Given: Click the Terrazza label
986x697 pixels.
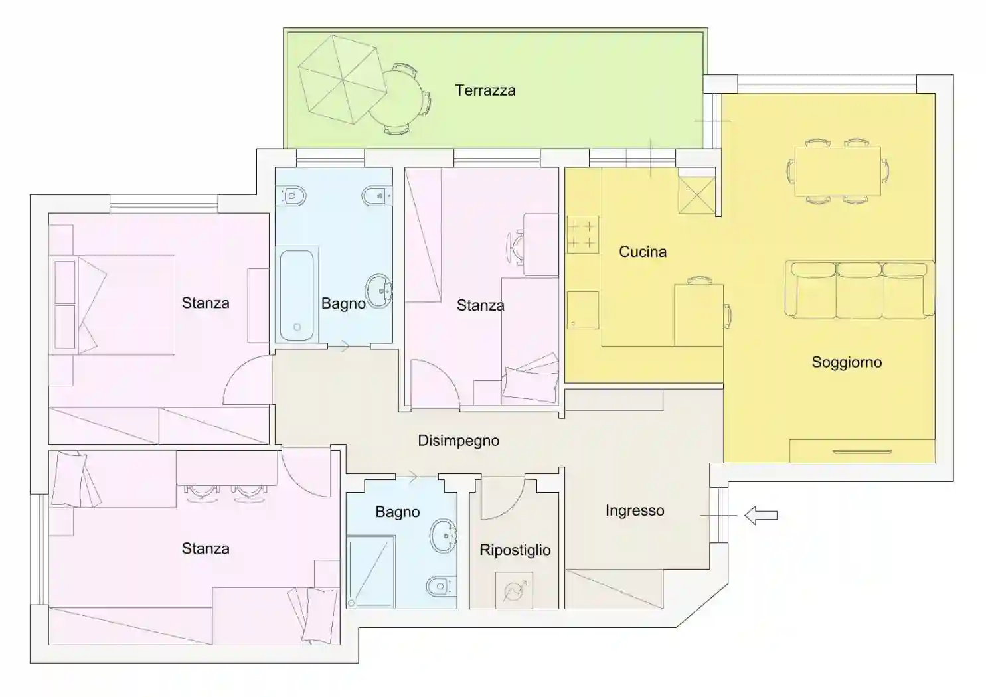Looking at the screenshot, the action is [485, 90].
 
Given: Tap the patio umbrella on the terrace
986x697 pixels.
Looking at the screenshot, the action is [343, 80].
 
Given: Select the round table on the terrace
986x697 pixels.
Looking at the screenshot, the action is [396, 99].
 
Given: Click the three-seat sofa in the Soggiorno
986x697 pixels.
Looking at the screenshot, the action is [859, 289].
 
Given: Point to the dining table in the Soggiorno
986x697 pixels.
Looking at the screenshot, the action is [838, 171].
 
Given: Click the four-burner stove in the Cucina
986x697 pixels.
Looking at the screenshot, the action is [583, 234].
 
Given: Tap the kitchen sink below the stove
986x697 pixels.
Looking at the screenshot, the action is [583, 310].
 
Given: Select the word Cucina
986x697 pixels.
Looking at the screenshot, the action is [643, 252].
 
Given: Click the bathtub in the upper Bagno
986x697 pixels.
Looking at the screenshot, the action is [297, 295].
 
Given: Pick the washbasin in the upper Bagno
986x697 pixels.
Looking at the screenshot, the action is [378, 291].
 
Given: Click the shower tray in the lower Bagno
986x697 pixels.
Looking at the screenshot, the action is [370, 572].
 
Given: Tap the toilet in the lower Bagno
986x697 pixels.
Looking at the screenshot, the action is [441, 586].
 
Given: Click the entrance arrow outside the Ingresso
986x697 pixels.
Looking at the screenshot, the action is [761, 515].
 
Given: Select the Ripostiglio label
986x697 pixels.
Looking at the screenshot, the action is [515, 550].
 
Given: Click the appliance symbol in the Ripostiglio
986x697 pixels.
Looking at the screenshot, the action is [514, 590].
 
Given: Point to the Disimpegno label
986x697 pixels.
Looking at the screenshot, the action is [459, 441].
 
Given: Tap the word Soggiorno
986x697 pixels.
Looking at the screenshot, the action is [847, 362].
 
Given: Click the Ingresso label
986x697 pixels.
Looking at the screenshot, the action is [635, 510].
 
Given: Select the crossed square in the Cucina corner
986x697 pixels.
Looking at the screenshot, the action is [697, 195].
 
